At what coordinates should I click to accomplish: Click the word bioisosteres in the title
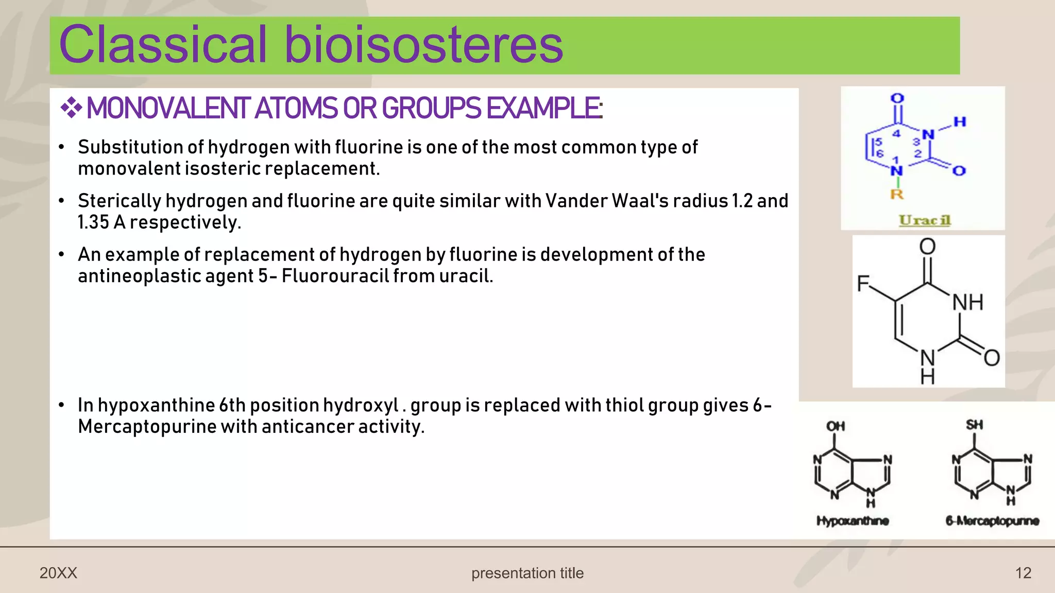423,45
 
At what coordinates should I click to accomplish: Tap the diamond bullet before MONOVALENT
71,108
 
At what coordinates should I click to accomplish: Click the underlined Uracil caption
925,220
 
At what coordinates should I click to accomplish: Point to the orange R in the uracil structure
897,195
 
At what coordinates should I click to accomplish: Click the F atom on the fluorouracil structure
863,283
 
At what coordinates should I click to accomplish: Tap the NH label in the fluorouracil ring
967,302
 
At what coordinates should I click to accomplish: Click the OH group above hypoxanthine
836,426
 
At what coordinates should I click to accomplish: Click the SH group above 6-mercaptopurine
974,425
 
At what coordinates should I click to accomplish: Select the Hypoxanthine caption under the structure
853,521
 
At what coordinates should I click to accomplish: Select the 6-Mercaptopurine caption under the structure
992,521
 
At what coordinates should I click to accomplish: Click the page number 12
1023,573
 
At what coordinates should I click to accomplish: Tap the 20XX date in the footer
58,573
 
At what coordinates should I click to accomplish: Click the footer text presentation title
527,573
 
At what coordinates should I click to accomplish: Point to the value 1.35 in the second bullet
93,222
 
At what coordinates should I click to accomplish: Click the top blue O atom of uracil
897,98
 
